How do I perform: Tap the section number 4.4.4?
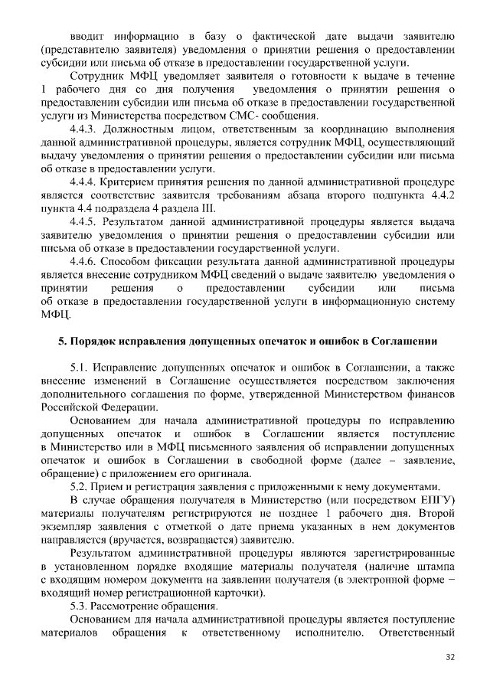(83, 181)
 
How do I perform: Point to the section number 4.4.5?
(83, 222)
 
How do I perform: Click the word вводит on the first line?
(87, 35)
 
